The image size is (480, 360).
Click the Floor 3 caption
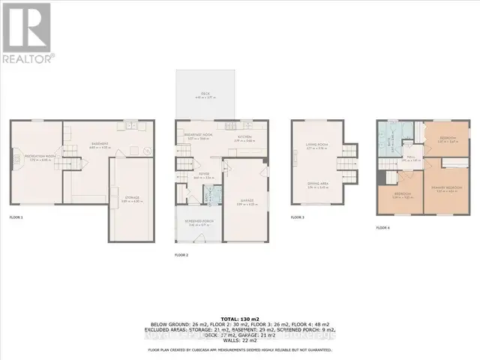coord(298,217)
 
